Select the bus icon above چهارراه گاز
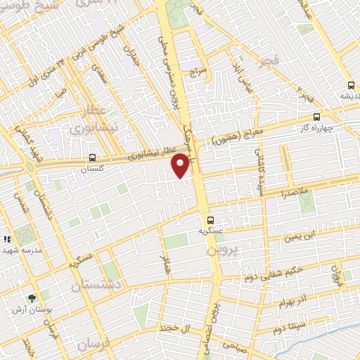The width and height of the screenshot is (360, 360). (x=316, y=117)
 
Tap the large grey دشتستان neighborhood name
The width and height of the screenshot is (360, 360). (x=97, y=283)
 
